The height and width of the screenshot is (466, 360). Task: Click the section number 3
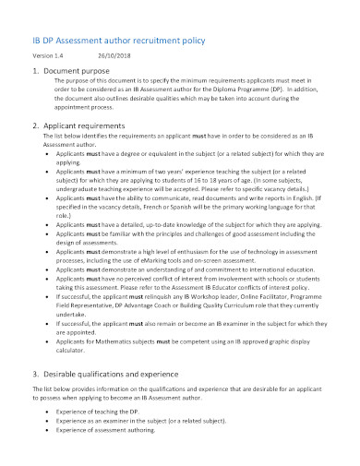pyautogui.click(x=33, y=374)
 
